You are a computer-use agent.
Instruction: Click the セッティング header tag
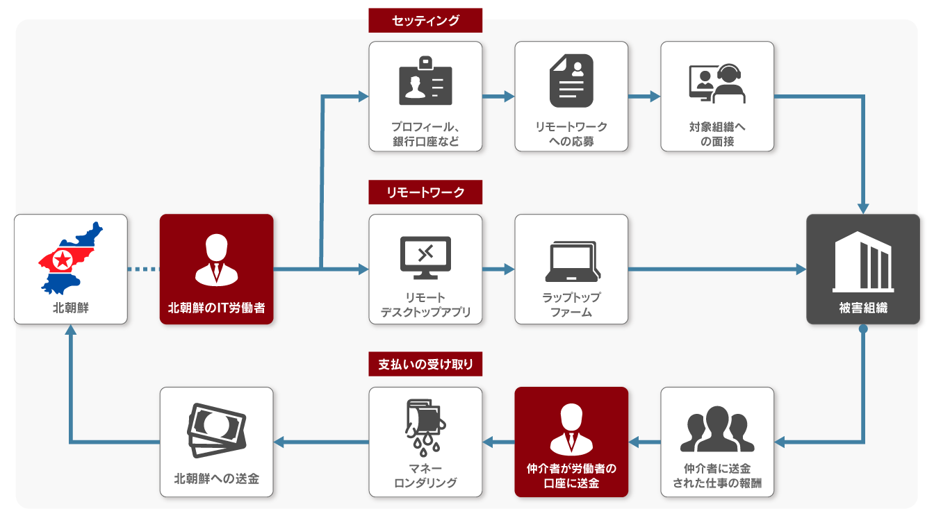coord(425,20)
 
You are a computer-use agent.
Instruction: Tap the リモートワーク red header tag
coord(425,192)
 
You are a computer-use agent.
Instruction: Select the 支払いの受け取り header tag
coord(425,365)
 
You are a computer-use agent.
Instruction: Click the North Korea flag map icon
coord(70,258)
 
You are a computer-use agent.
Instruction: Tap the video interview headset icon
coord(717,83)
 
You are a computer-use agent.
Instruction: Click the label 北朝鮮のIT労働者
coord(217,308)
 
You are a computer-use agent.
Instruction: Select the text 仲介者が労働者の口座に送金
coord(571,476)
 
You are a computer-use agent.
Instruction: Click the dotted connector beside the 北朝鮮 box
coord(144,269)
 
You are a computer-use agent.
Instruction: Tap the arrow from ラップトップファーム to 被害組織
coord(716,269)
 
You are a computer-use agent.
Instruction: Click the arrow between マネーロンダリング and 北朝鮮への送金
coord(321,442)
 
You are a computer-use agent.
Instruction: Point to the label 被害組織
coord(863,308)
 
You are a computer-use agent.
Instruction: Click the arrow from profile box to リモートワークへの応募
coord(498,97)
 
